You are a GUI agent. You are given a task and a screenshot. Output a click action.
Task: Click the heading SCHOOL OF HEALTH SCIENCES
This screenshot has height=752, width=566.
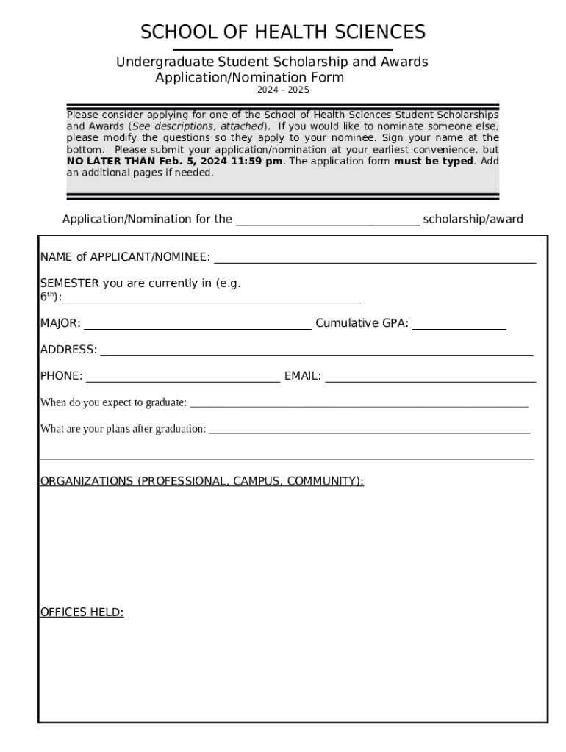click(x=283, y=32)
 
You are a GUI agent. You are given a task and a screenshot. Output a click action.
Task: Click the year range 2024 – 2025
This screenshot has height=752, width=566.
click(x=283, y=90)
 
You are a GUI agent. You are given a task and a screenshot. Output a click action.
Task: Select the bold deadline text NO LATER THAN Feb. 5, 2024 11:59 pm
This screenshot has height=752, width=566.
click(x=174, y=162)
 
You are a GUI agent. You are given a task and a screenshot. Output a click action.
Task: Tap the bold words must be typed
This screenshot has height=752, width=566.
click(x=434, y=162)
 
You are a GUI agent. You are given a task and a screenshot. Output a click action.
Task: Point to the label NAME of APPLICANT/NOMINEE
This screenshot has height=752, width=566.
click(x=125, y=257)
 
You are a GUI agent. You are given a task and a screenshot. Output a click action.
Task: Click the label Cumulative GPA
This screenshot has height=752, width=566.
click(x=362, y=323)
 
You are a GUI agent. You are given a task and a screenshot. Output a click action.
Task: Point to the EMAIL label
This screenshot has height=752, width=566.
click(x=303, y=376)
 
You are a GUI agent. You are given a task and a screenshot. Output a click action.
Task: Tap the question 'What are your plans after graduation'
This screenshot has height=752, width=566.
click(x=123, y=429)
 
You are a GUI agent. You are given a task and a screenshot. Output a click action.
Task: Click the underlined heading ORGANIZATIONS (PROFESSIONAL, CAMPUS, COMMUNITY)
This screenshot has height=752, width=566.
click(x=201, y=481)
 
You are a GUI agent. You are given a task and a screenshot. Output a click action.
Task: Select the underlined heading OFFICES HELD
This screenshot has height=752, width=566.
click(x=82, y=612)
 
